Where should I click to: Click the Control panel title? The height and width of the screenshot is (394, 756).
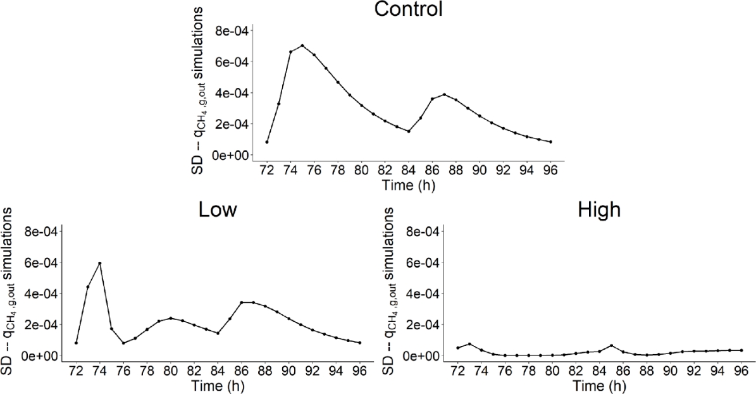408,10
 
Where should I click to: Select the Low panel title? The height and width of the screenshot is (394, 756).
218,210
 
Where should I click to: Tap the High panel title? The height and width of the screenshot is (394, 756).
600,210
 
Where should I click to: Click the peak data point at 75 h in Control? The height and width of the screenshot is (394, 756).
302,46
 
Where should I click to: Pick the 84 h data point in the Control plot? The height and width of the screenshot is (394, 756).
409,132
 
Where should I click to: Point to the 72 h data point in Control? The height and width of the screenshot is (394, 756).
267,142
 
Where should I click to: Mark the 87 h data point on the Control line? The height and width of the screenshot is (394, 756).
444,94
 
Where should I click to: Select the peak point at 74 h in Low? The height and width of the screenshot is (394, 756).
99,263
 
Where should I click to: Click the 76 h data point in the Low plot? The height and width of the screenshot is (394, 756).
123,343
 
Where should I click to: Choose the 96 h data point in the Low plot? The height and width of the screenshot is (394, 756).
360,343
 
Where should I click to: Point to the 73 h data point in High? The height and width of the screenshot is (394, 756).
469,344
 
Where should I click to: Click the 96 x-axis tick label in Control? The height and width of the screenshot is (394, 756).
550,170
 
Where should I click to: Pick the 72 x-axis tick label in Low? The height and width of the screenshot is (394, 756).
76,371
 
